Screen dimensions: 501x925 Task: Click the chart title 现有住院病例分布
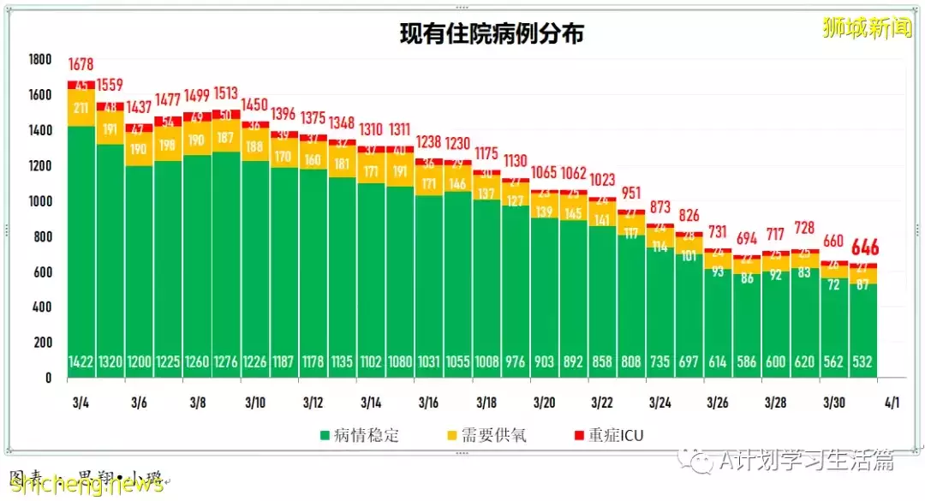492,33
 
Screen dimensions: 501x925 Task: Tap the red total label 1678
81,65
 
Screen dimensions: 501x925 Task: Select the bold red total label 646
865,248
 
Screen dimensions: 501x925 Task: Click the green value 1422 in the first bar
81,362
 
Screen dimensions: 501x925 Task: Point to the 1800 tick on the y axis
40,60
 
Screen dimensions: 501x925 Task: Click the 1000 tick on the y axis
40,201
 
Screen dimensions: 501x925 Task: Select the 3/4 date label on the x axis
81,401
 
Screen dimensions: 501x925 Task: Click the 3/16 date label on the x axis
428,401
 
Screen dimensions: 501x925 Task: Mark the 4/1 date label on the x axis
891,401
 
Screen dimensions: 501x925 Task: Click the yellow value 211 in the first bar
81,108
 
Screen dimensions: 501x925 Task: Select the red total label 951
631,192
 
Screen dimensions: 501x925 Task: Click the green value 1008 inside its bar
486,362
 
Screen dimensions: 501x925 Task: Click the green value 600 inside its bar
776,362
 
